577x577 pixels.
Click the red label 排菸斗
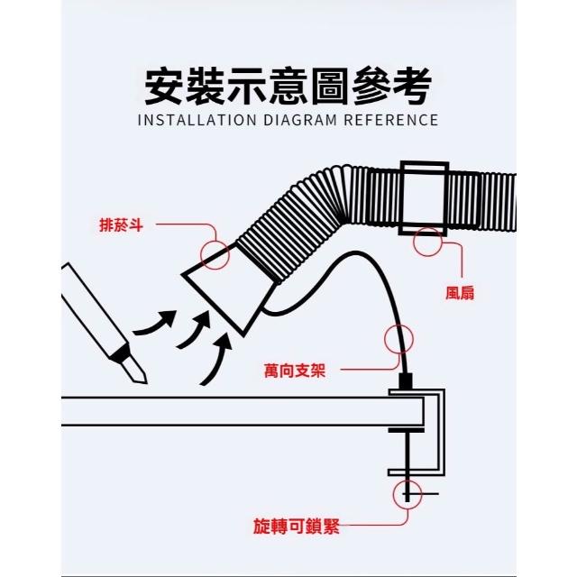(x=121, y=224)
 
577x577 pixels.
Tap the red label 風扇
(x=460, y=293)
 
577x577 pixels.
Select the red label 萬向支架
(x=295, y=371)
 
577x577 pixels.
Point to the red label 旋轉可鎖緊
(x=297, y=526)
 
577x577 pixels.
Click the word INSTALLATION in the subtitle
(x=197, y=120)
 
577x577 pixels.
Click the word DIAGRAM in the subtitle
(x=300, y=120)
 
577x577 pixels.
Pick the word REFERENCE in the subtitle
(x=391, y=120)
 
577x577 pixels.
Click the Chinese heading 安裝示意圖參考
(x=288, y=87)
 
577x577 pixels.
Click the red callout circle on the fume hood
(x=215, y=254)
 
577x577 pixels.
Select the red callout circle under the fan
(x=427, y=243)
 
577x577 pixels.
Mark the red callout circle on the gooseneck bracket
(x=398, y=339)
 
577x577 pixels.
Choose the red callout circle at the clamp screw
(x=407, y=495)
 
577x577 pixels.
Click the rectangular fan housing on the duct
(x=424, y=198)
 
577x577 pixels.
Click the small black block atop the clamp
(x=406, y=381)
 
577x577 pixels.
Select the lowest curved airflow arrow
(x=216, y=359)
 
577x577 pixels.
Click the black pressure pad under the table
(x=407, y=430)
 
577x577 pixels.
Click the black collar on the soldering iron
(x=122, y=353)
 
